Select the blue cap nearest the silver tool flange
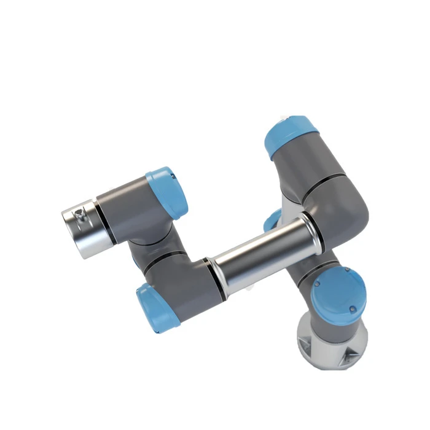pos(167,192)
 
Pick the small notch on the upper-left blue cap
pos(174,178)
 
